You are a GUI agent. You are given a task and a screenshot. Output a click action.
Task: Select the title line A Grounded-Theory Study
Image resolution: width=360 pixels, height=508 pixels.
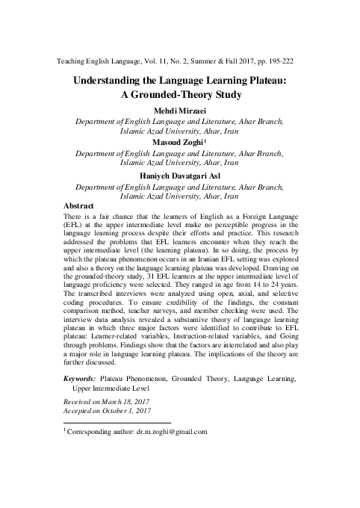click(x=179, y=96)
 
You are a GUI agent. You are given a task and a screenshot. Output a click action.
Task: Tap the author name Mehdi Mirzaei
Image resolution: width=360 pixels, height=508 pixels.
click(x=179, y=111)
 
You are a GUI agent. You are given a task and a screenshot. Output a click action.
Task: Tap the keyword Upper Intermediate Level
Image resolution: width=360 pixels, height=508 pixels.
click(x=110, y=389)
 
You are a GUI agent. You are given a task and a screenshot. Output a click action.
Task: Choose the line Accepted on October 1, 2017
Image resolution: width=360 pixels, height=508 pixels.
click(x=108, y=411)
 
